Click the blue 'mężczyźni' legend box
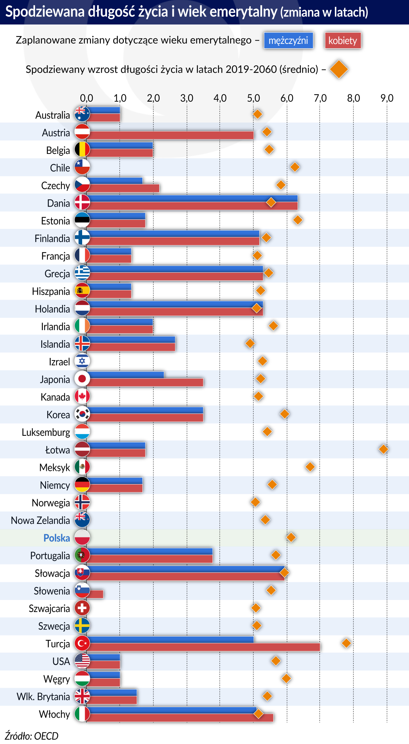pos(288,40)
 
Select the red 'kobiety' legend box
pos(343,41)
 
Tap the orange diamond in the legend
pos(339,69)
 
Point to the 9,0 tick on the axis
pos(387,98)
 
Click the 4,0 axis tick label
pos(220,98)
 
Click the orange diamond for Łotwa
pos(383,449)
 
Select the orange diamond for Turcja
pos(346,643)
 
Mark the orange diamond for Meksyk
pos(310,467)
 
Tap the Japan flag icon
pos(82,379)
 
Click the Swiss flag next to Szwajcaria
pos(82,608)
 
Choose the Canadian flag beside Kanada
pos(82,396)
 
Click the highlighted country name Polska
pos(57,538)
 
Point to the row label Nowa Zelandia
pos(40,520)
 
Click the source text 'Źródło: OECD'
pos(31,736)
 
